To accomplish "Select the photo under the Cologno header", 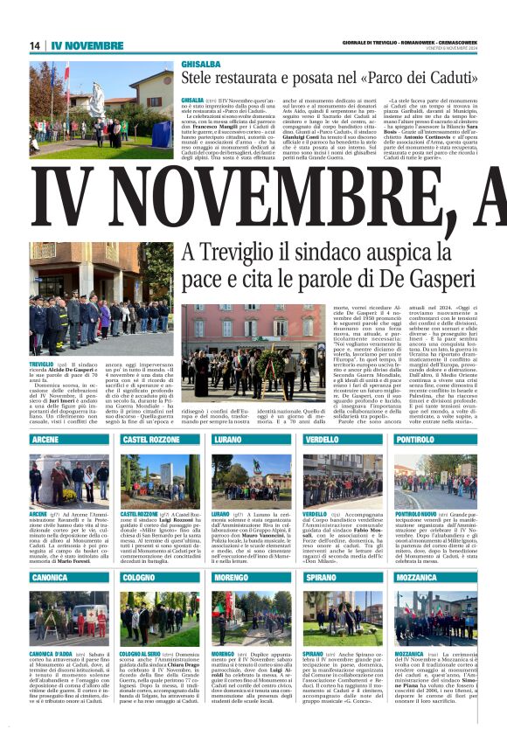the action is pyautogui.click(x=160, y=617).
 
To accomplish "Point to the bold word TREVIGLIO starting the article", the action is pyautogui.click(x=42, y=361).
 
